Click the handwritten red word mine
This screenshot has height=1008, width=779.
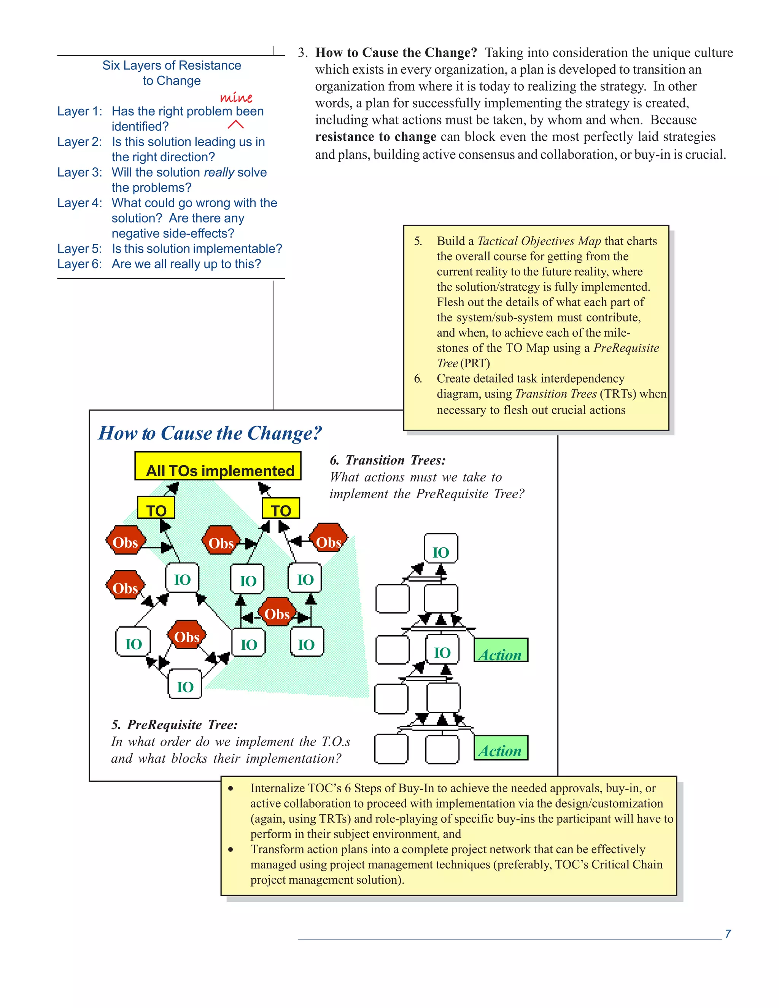pyautogui.click(x=236, y=97)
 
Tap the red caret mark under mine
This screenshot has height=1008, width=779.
pyautogui.click(x=235, y=125)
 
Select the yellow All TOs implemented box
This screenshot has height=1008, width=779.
pyautogui.click(x=218, y=467)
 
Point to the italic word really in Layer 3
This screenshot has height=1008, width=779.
pyautogui.click(x=219, y=173)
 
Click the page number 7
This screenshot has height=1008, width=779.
pyautogui.click(x=728, y=934)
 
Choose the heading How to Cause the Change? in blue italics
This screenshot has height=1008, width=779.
pyautogui.click(x=210, y=433)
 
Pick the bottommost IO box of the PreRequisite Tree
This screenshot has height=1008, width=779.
pyautogui.click(x=185, y=684)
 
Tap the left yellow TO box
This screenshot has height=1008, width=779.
pyautogui.click(x=156, y=508)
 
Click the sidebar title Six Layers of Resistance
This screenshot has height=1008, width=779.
pyautogui.click(x=171, y=65)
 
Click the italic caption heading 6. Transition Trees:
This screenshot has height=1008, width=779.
pyautogui.click(x=388, y=460)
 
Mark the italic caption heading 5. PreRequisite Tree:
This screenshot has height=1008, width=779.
pyautogui.click(x=175, y=725)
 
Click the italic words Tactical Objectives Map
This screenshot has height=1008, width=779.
pyautogui.click(x=539, y=241)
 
